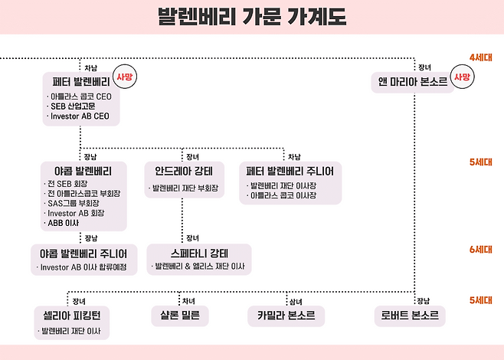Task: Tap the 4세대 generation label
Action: tap(482, 58)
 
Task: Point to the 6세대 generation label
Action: tap(482, 249)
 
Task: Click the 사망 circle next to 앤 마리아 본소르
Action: tap(461, 77)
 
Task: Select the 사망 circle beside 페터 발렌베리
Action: tap(124, 77)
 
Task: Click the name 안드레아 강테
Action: tap(184, 170)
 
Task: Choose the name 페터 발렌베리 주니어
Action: tap(290, 170)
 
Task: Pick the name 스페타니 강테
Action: tap(198, 253)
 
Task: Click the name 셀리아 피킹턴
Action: tap(72, 315)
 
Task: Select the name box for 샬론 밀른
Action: tap(182, 315)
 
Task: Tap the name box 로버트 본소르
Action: tap(409, 315)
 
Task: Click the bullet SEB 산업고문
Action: tap(74, 107)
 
